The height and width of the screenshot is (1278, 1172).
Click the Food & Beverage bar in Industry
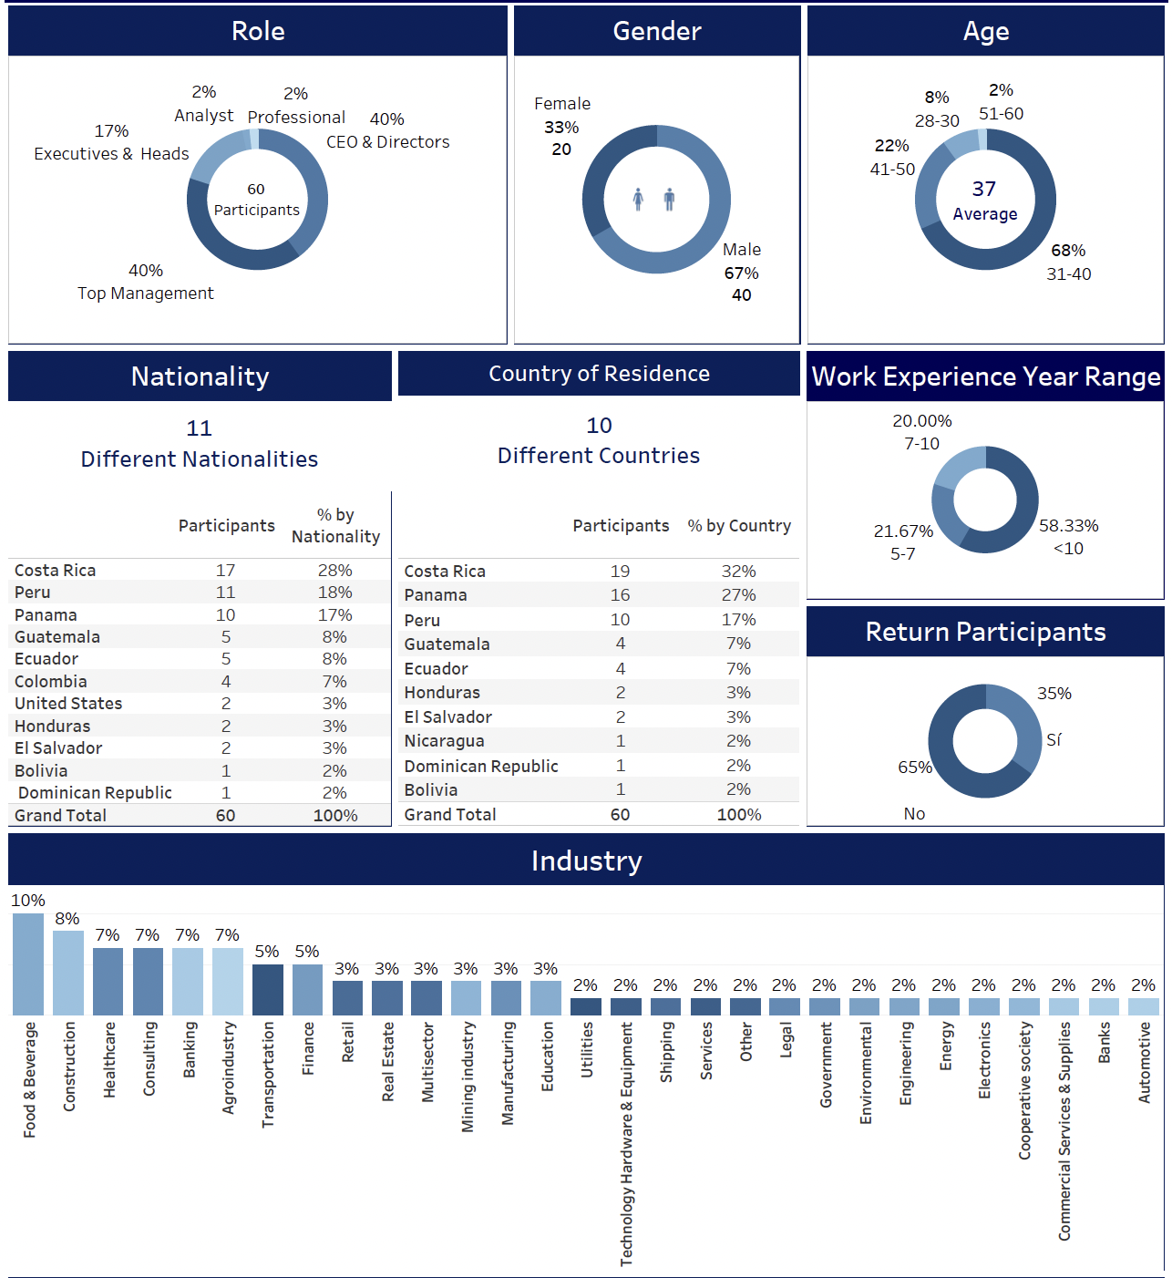point(28,964)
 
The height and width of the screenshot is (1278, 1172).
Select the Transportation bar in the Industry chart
point(267,990)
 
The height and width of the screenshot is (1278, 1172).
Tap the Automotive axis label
point(1145,1063)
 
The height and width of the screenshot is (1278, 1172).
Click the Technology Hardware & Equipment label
point(627,1144)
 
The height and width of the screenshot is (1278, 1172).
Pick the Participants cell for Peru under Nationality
point(225,593)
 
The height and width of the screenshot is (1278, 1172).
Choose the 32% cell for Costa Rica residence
point(738,572)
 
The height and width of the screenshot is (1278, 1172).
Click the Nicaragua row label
point(444,741)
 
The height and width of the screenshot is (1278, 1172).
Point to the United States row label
point(68,704)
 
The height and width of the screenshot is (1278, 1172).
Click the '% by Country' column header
point(739,526)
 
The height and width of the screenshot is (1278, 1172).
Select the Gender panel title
point(656,31)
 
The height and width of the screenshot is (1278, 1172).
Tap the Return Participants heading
point(985,632)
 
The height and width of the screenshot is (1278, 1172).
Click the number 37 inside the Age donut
point(983,189)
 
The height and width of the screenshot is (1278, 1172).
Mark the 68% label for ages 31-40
point(1068,251)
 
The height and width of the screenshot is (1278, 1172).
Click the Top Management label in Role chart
point(146,294)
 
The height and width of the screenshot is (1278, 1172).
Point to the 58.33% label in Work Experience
point(1068,526)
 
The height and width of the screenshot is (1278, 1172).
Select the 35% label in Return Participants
point(1054,694)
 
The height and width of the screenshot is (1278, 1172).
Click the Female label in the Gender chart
point(562,104)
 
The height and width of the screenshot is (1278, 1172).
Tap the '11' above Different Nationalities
point(199,428)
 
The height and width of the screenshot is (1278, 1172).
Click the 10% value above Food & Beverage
point(28,901)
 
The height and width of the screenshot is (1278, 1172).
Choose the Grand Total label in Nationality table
point(60,816)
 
